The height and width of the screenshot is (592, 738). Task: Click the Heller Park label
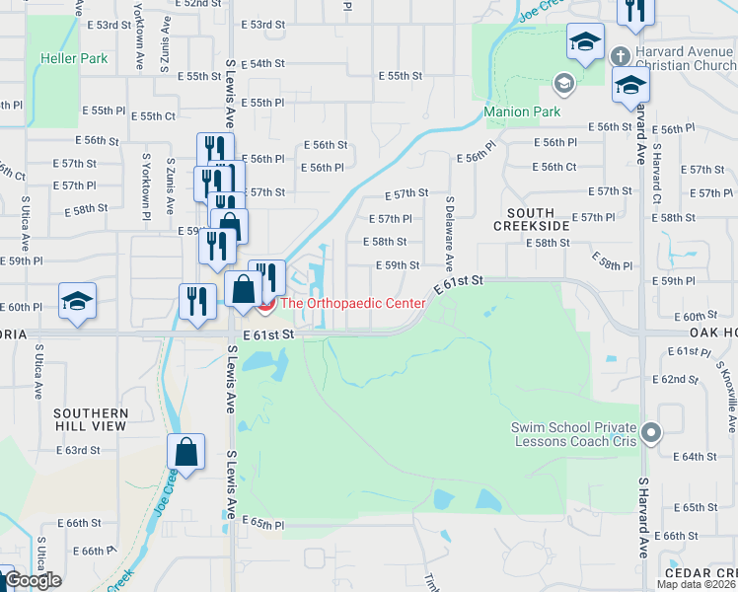pos(74,58)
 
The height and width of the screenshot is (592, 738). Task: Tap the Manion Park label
pos(523,111)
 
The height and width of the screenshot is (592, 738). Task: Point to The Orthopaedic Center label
pos(353,303)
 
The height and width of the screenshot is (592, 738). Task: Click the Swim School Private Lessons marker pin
pos(650,432)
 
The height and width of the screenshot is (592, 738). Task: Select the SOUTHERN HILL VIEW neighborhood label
pos(91,419)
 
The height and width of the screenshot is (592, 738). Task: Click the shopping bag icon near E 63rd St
pos(185,451)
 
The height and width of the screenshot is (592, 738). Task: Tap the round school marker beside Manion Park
pos(564,82)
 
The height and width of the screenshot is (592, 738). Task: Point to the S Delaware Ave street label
pos(449,234)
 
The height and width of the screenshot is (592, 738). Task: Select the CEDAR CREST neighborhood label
pos(701,573)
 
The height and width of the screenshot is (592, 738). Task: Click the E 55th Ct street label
pos(155,116)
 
